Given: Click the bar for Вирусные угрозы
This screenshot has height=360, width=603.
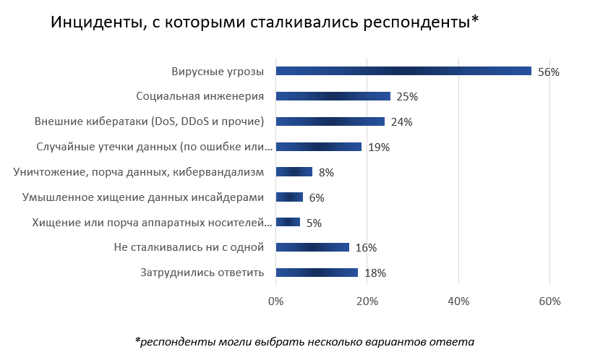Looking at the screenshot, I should click(403, 71).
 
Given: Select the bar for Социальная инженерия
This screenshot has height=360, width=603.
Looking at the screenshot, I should click(333, 96).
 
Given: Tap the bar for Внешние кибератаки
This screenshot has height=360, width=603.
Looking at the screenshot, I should click(330, 121).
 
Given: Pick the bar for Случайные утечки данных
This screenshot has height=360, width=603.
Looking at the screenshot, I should click(319, 147).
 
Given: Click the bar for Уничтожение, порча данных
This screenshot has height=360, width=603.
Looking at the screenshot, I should click(294, 172).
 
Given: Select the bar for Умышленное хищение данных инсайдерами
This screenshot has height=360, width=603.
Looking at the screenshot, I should click(289, 197).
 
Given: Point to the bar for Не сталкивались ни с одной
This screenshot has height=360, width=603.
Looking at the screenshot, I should click(312, 247).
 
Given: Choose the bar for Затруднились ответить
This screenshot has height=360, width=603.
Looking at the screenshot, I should click(317, 273).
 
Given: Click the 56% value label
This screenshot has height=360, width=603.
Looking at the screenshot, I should click(549, 72).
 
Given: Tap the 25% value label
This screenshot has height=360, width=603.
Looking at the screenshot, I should click(407, 97).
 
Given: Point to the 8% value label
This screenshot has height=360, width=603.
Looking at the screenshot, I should click(326, 173).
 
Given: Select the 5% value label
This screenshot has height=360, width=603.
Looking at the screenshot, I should click(314, 223).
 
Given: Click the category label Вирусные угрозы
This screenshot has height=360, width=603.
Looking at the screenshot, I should click(218, 72).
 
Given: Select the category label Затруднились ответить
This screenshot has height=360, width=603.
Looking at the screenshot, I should click(202, 273).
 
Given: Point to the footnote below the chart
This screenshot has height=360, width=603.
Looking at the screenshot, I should click(304, 340).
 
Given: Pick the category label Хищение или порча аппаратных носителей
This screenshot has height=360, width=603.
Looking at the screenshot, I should click(153, 223).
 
